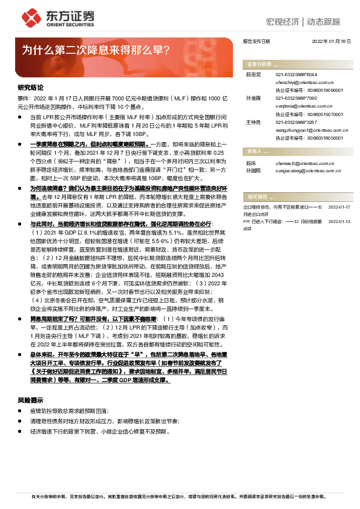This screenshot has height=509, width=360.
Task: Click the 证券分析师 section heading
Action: point(259,63)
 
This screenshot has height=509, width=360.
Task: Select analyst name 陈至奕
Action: point(252,74)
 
